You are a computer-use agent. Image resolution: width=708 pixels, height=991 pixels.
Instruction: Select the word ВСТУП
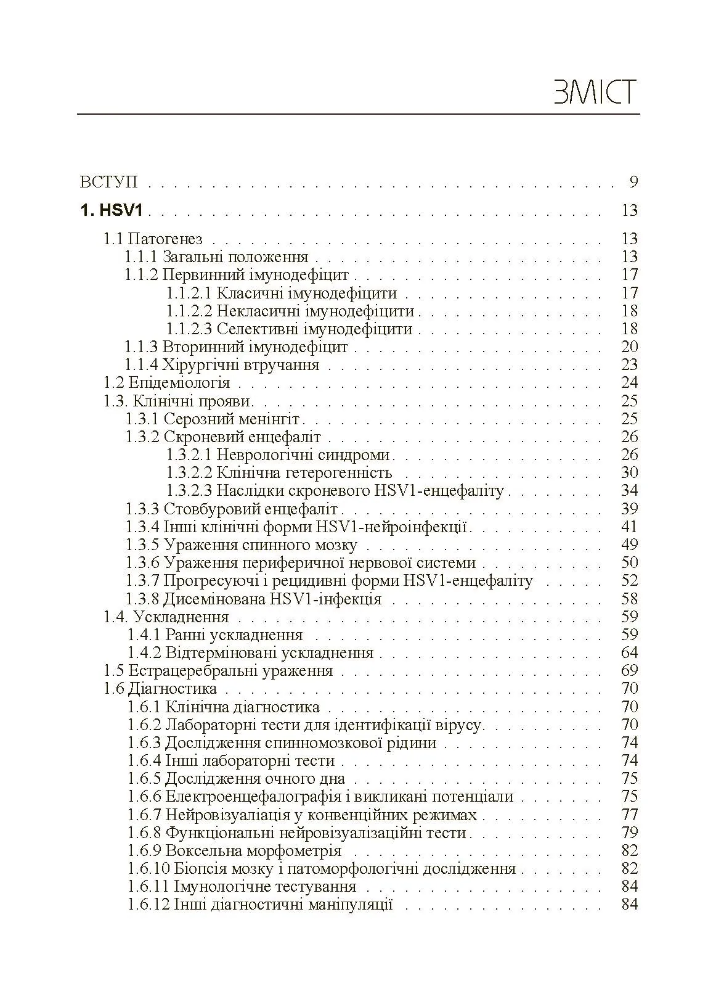coord(108,183)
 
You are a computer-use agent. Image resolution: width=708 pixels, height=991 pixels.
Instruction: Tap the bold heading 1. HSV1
coord(112,211)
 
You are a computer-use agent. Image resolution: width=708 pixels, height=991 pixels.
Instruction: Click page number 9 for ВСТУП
coord(633,182)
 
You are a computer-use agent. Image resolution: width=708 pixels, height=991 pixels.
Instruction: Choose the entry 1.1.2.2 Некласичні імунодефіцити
coord(290,311)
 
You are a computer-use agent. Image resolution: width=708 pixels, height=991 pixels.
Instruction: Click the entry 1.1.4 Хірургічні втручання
coord(222,365)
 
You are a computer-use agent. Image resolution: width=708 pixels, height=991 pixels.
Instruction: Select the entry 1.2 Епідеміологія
coord(166,383)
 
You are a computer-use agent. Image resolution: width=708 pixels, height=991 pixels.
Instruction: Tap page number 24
coord(629,383)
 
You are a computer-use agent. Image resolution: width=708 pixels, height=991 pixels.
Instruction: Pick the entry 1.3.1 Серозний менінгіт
coord(213,419)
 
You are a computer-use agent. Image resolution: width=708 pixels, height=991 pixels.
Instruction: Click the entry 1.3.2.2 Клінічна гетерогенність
coord(279,473)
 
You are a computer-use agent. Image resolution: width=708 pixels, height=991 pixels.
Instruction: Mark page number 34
coord(629,491)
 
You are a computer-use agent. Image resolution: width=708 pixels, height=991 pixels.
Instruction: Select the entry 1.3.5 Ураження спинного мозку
coord(242,545)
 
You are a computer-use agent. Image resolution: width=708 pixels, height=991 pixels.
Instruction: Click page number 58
coord(629,599)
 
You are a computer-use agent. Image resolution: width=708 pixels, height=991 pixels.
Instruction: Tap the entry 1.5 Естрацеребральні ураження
coord(218,671)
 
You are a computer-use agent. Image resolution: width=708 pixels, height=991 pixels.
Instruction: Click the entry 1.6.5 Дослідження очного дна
coord(236,779)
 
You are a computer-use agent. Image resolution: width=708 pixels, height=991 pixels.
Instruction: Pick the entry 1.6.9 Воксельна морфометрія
coord(234,851)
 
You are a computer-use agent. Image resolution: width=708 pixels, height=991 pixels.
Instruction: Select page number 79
coord(629,833)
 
